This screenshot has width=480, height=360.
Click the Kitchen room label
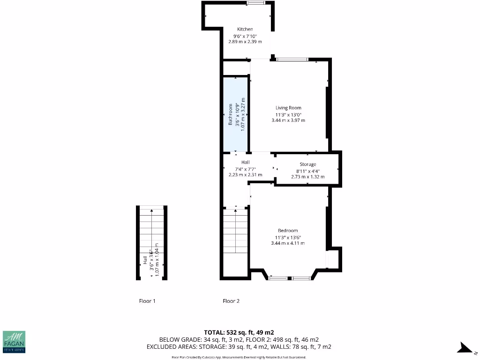point(245,29)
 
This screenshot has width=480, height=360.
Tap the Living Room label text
point(288,108)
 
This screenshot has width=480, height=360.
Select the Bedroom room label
point(288,231)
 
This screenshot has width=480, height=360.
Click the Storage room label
point(308,165)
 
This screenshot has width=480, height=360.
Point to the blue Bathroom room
point(235,115)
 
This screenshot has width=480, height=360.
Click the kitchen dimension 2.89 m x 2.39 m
point(245,42)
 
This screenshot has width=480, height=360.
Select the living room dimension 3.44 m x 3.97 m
point(288,120)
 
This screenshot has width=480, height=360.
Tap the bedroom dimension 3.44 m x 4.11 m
point(288,243)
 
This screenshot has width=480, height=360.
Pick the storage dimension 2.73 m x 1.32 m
point(308,177)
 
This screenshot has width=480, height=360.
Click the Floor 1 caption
point(147,301)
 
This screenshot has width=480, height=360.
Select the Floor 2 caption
point(231,301)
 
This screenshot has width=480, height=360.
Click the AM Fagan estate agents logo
point(14,341)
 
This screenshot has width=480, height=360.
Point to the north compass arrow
point(466,348)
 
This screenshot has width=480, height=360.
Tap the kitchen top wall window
point(255,3)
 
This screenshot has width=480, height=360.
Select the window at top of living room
point(292,60)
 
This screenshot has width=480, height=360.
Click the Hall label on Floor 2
point(245,162)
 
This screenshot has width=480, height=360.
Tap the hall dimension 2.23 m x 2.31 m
point(245,175)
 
